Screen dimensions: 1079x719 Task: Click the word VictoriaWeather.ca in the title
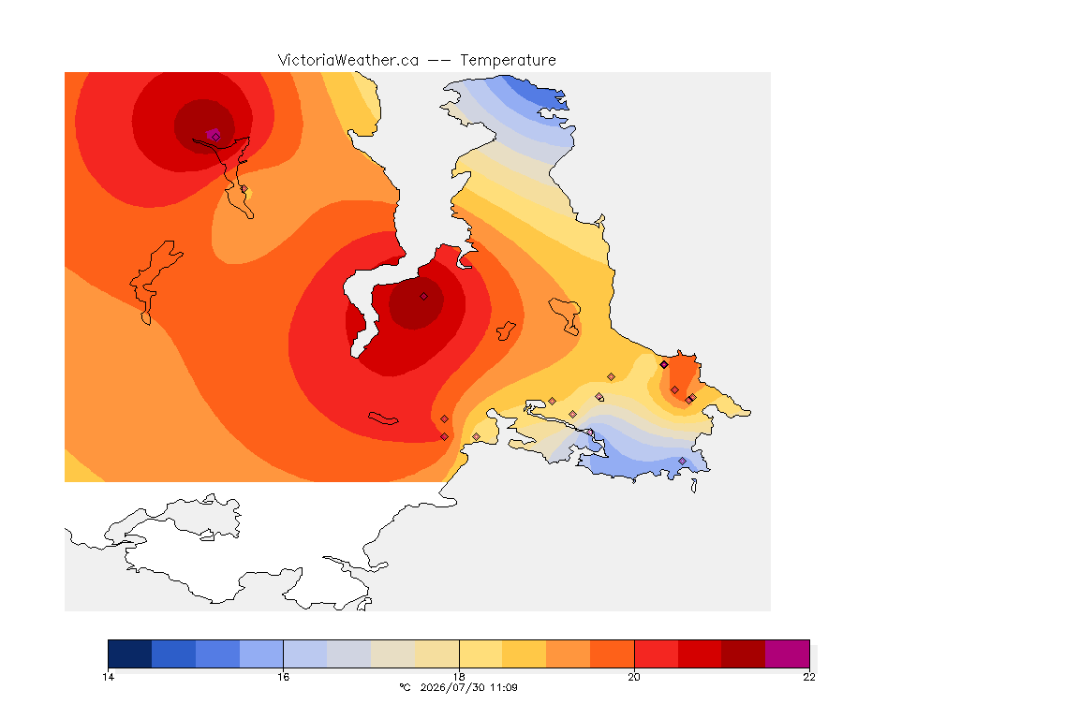(x=348, y=61)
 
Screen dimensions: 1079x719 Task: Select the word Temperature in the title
(x=508, y=61)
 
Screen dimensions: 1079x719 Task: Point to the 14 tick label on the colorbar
(x=108, y=677)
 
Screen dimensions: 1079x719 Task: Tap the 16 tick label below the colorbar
(x=284, y=677)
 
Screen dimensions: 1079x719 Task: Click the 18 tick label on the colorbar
(x=459, y=677)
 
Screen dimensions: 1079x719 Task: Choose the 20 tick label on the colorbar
(x=634, y=677)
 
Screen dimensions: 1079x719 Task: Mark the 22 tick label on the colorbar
(x=809, y=677)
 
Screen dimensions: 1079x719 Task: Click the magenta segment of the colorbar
(x=787, y=653)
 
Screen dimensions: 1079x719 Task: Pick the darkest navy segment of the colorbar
(x=130, y=653)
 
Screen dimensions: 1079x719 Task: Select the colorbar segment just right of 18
(x=481, y=653)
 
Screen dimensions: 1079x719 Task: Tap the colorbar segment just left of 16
(x=261, y=653)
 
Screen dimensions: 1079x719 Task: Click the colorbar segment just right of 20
(x=657, y=653)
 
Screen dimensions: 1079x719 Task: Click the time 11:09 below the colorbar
(x=504, y=687)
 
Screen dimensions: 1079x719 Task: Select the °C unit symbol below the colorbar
(x=405, y=687)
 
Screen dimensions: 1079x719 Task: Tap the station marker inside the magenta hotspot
(x=216, y=137)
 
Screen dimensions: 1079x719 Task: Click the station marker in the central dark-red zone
(x=424, y=297)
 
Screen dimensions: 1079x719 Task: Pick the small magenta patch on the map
(x=214, y=134)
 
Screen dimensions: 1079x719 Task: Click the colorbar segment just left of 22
(x=743, y=653)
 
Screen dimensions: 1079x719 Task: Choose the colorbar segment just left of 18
(x=437, y=653)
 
